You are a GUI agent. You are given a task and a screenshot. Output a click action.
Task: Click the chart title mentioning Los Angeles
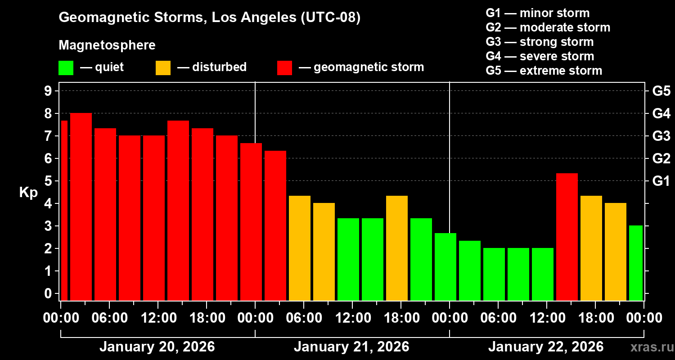click(210, 18)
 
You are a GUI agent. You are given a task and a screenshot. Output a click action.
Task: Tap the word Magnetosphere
click(107, 45)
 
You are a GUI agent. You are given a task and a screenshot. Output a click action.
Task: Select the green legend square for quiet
click(66, 68)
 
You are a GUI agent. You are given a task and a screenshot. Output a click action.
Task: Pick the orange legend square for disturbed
click(163, 68)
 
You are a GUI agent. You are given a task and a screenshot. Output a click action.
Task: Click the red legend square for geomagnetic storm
click(284, 68)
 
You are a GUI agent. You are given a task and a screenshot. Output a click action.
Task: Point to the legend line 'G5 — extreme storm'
click(544, 71)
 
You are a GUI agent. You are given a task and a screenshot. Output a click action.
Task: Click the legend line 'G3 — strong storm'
click(540, 42)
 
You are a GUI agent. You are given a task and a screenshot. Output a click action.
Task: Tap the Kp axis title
click(28, 193)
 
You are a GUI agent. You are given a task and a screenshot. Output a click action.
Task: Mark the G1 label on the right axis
click(661, 181)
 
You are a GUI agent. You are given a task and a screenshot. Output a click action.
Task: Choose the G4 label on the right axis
click(661, 113)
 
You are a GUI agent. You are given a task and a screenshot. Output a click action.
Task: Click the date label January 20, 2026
click(157, 347)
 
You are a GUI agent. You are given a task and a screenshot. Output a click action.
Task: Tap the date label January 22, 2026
click(545, 347)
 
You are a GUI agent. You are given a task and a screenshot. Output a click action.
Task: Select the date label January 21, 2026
click(351, 347)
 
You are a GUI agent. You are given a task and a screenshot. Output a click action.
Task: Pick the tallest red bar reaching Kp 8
click(81, 207)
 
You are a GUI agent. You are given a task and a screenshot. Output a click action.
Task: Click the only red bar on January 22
click(567, 237)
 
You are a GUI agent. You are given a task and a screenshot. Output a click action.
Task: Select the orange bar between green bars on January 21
click(397, 248)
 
